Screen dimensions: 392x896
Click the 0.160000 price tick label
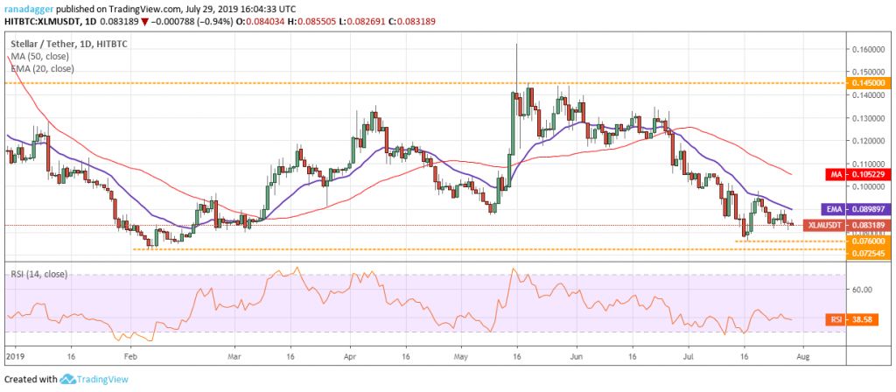click(x=870, y=49)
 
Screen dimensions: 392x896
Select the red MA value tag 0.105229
click(x=870, y=173)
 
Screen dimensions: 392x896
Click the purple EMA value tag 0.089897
click(x=870, y=210)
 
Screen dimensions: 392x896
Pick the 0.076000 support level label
click(x=870, y=241)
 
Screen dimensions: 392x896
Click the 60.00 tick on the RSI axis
click(x=863, y=290)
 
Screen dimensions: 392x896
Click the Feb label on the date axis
click(x=129, y=358)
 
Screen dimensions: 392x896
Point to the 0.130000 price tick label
click(x=870, y=117)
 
